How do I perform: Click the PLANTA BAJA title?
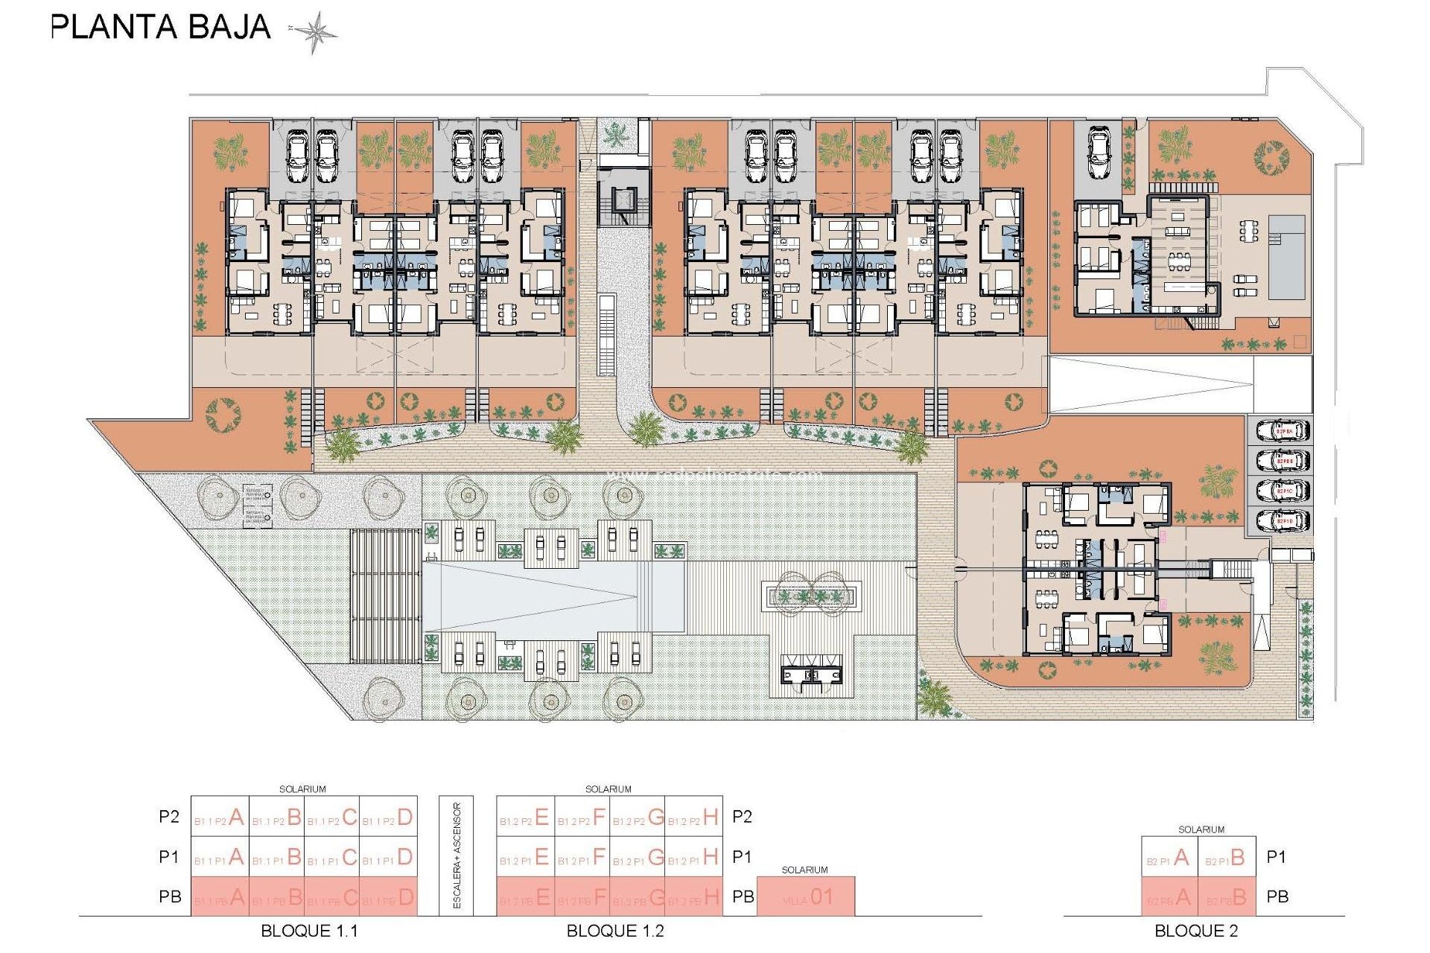[x=160, y=27]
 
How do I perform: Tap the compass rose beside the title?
[x=314, y=32]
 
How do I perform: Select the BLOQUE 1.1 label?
[x=309, y=931]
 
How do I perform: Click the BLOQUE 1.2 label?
[x=615, y=931]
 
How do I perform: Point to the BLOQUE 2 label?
[x=1196, y=931]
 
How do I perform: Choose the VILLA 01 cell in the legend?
[x=806, y=897]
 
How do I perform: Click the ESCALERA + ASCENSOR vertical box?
[x=457, y=855]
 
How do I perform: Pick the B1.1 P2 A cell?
[x=220, y=817]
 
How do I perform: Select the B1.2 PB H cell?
[x=694, y=898]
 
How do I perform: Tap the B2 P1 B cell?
[x=1227, y=858]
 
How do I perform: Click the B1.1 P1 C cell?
[x=333, y=858]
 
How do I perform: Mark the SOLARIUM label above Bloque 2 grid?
[x=1201, y=829]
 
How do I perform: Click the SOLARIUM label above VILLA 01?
[x=804, y=870]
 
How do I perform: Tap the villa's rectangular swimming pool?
[x=1286, y=257]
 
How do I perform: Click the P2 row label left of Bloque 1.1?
[x=169, y=817]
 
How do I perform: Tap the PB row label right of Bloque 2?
[x=1277, y=897]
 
